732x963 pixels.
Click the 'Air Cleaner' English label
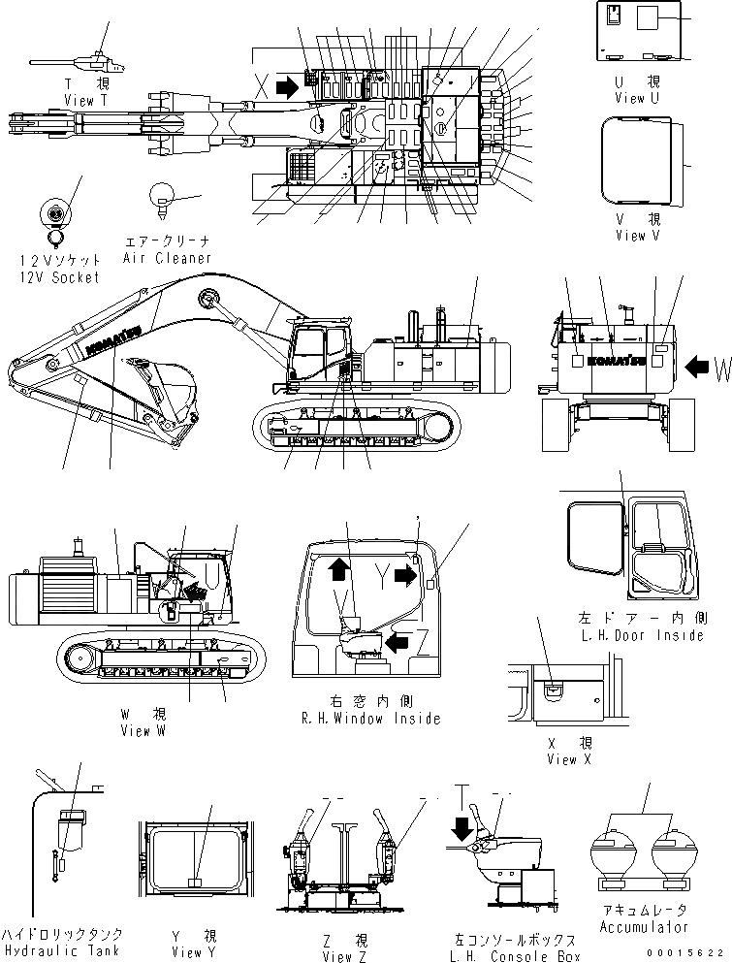tap(167, 259)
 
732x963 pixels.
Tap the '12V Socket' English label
tap(59, 278)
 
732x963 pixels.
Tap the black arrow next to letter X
tap(287, 87)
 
